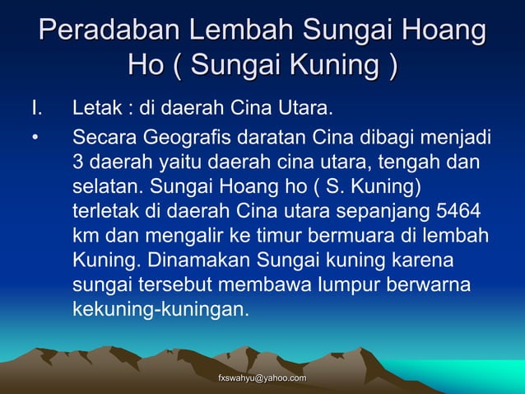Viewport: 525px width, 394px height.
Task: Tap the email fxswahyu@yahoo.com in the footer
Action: (261, 378)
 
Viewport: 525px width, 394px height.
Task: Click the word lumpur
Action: (338, 287)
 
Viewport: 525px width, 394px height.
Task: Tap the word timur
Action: (276, 236)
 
